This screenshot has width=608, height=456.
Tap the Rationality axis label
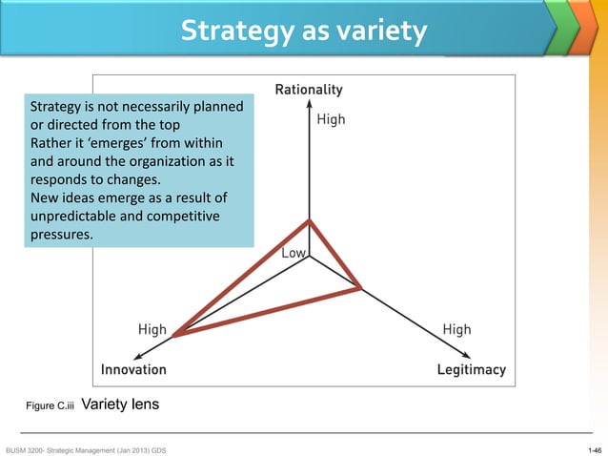click(x=309, y=91)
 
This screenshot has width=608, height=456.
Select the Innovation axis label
click(x=133, y=369)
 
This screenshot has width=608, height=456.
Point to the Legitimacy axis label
click(x=471, y=369)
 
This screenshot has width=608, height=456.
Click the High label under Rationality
click(x=331, y=120)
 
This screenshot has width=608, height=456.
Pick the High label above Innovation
click(x=152, y=330)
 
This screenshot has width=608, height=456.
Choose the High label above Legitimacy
click(x=456, y=330)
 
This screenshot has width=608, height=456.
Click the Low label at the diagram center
click(x=294, y=254)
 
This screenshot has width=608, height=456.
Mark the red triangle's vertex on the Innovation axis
click(x=173, y=334)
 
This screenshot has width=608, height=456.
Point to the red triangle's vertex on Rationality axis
click(x=309, y=221)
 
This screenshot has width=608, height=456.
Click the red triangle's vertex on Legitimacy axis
click(x=360, y=287)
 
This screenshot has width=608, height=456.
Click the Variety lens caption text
click(x=121, y=404)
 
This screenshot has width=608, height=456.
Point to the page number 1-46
click(x=595, y=448)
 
